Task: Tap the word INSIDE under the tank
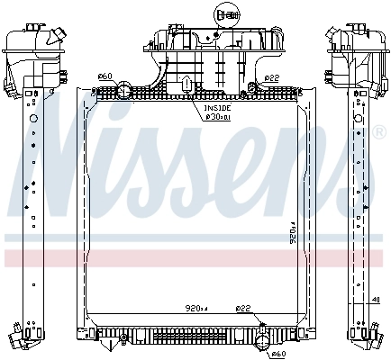pos(215,107)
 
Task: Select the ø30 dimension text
pos(217,115)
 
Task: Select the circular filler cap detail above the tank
pos(226,14)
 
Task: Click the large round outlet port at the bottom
pos(265,339)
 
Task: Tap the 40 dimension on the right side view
pos(375,301)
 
